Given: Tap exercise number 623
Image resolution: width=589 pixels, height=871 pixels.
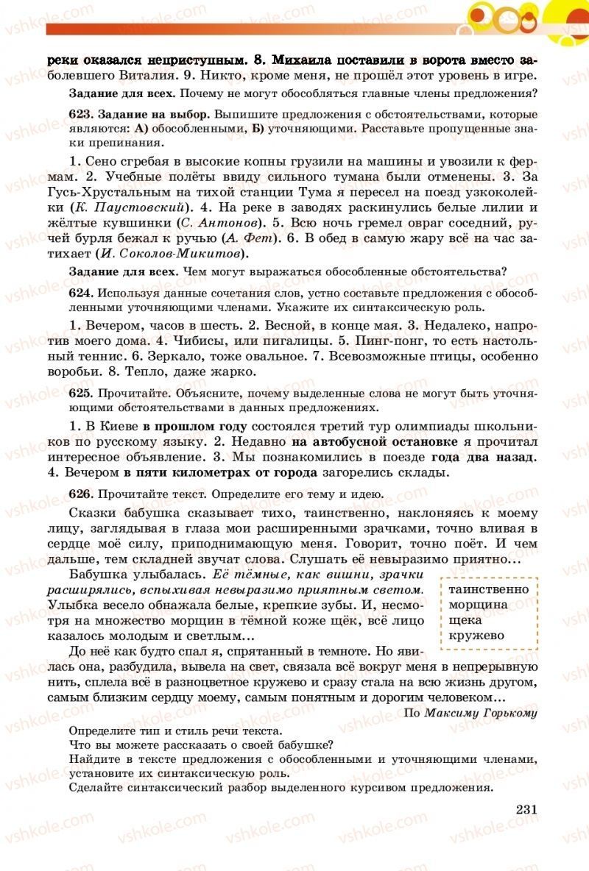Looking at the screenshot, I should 79,115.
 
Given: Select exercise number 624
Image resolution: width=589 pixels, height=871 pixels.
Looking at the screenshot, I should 79,292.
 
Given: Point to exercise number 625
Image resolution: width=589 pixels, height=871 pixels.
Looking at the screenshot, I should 79,394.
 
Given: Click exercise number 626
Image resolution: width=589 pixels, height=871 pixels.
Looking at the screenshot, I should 79,494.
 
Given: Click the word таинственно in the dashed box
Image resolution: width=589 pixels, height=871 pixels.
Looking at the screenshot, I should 488,589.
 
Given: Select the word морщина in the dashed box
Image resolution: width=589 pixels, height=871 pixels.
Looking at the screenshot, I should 478,605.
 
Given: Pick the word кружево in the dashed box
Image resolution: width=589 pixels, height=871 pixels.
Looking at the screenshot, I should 476,636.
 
